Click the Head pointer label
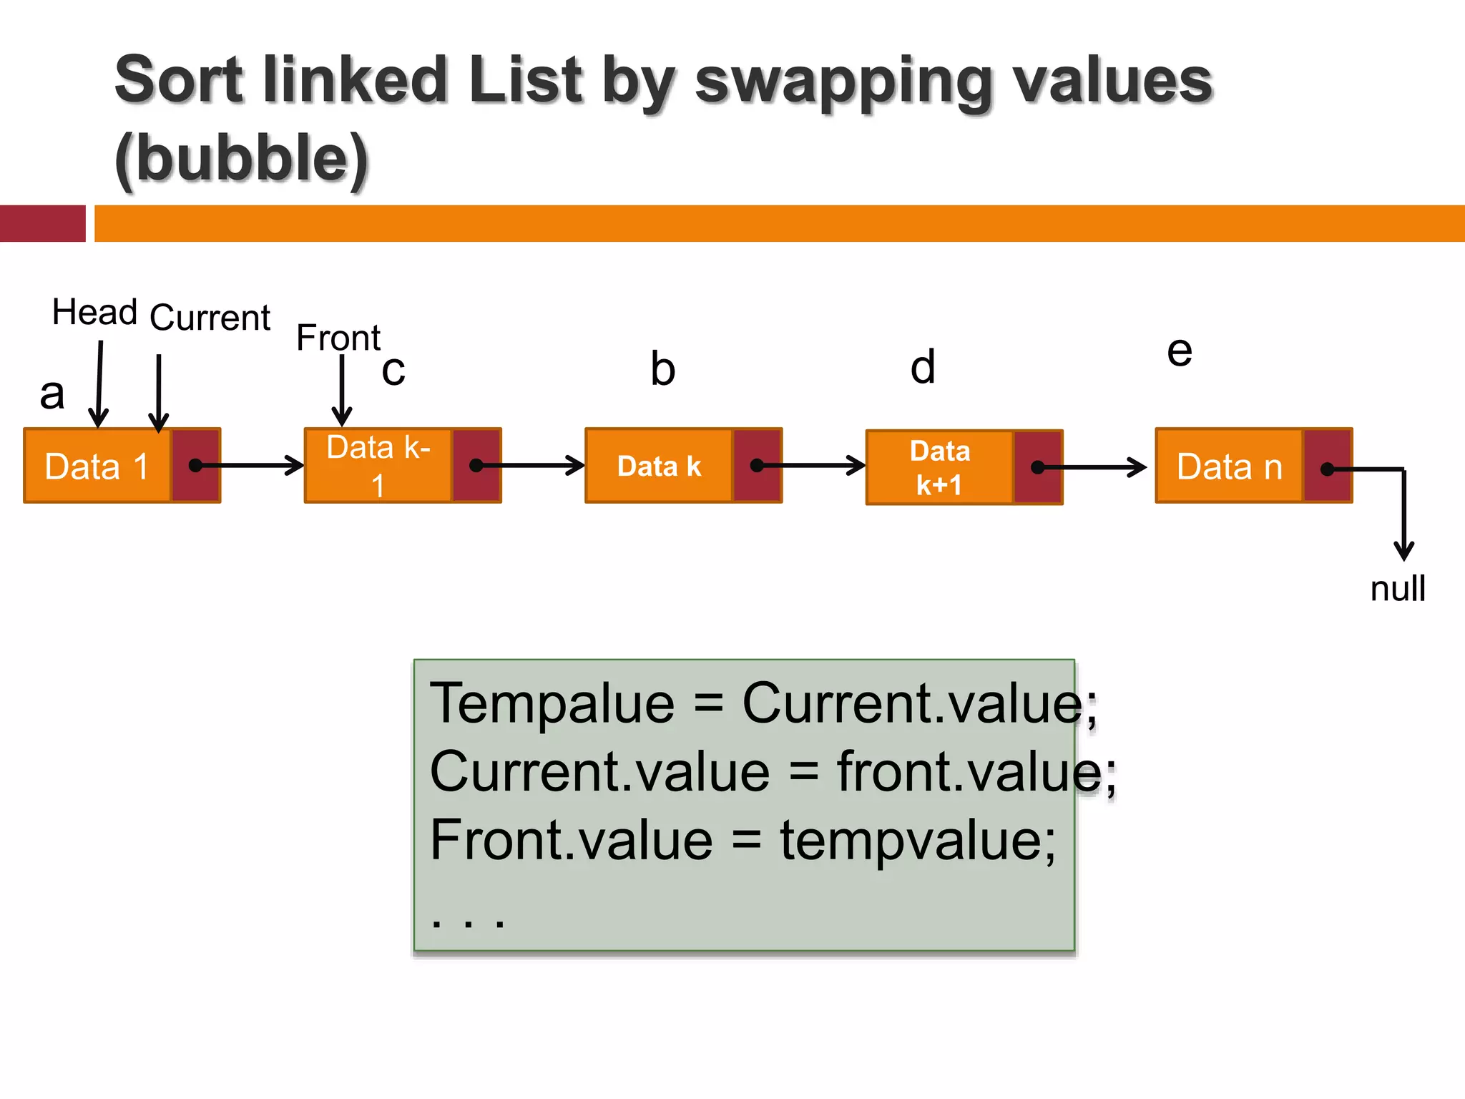[x=94, y=312]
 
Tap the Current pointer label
[x=210, y=317]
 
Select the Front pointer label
[x=338, y=338]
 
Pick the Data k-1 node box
[x=378, y=466]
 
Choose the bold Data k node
[x=659, y=466]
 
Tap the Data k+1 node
[x=939, y=468]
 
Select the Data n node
[x=1229, y=467]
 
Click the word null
[x=1398, y=589]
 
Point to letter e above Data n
[x=1180, y=351]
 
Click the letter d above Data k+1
[x=923, y=367]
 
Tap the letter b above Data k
[x=662, y=369]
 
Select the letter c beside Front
[x=393, y=371]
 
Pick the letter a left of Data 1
[x=52, y=394]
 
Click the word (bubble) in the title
[x=242, y=158]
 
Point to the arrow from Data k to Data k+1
[x=812, y=466]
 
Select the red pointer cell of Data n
[x=1328, y=467]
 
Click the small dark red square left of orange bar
[x=42, y=223]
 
